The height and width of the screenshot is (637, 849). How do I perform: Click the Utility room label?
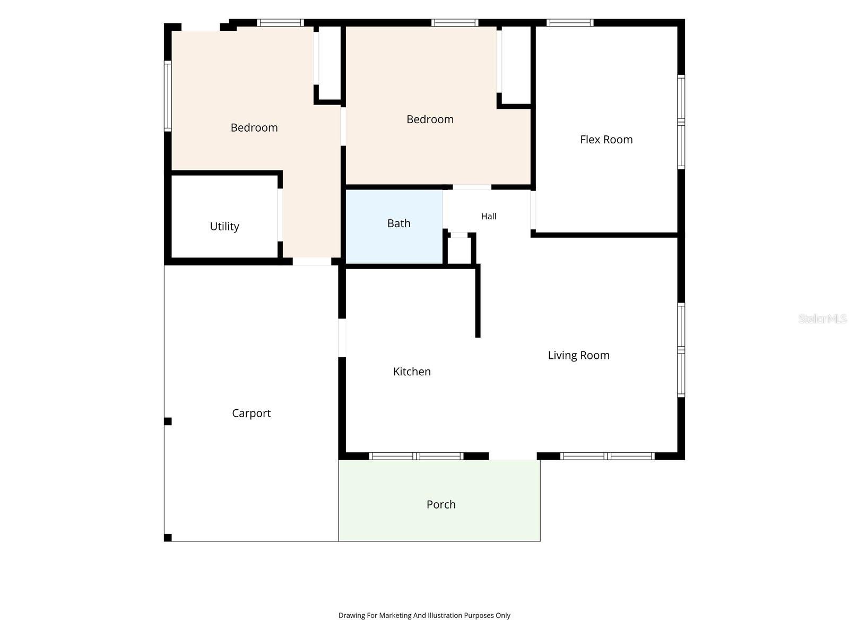pyautogui.click(x=224, y=226)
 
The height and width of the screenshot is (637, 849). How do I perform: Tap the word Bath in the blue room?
pyautogui.click(x=399, y=223)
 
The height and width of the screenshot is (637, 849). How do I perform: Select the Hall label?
pyautogui.click(x=489, y=216)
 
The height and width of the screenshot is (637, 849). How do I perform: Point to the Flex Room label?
pyautogui.click(x=606, y=139)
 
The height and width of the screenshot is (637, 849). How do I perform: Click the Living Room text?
pyautogui.click(x=578, y=355)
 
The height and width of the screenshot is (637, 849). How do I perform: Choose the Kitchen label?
pyautogui.click(x=412, y=371)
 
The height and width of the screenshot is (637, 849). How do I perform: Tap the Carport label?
pyautogui.click(x=252, y=413)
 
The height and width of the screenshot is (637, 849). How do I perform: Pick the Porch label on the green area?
pyautogui.click(x=441, y=504)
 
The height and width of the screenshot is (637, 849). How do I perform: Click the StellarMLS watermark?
pyautogui.click(x=822, y=318)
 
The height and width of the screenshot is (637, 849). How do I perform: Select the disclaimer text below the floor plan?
pyautogui.click(x=424, y=615)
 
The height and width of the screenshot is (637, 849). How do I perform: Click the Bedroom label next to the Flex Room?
pyautogui.click(x=430, y=119)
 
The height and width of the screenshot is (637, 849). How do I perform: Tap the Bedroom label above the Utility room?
pyautogui.click(x=254, y=127)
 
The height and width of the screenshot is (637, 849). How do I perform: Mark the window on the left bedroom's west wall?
pyautogui.click(x=168, y=96)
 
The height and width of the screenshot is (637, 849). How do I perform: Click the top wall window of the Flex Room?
pyautogui.click(x=570, y=22)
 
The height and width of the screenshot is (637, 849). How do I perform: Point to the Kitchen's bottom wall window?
pyautogui.click(x=416, y=456)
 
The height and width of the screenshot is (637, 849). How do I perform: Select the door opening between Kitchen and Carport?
pyautogui.click(x=342, y=338)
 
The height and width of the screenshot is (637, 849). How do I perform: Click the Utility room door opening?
pyautogui.click(x=280, y=215)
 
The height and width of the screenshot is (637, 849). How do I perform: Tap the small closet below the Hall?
pyautogui.click(x=459, y=250)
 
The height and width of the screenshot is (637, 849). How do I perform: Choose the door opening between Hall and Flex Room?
pyautogui.click(x=533, y=210)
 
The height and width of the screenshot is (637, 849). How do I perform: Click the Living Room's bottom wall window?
pyautogui.click(x=607, y=456)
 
